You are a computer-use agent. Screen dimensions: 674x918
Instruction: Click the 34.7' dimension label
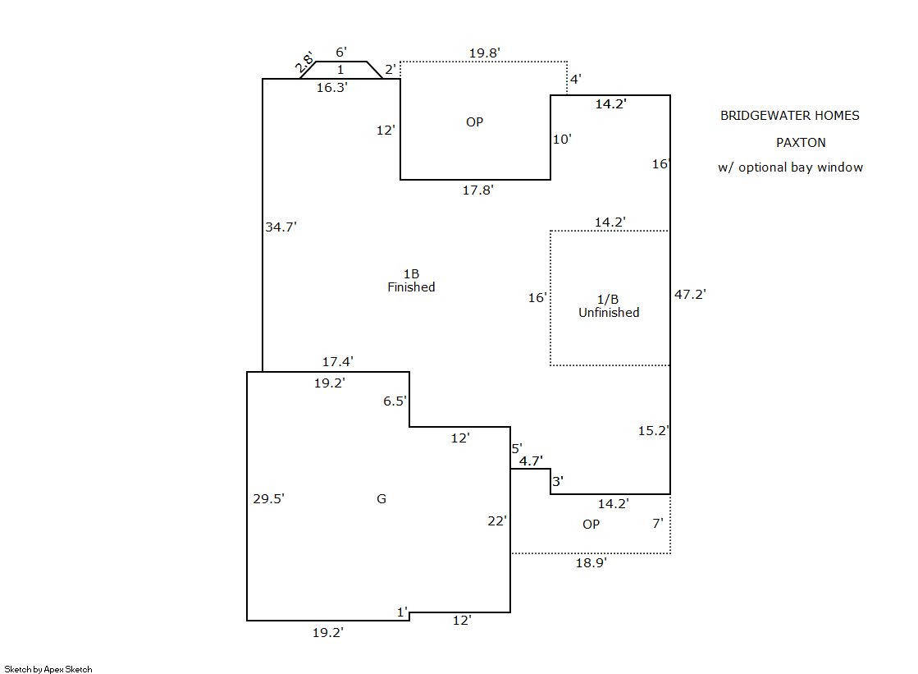[x=281, y=227]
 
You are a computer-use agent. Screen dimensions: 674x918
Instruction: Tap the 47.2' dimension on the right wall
[x=690, y=293]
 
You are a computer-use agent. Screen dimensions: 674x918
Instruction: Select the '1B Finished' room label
[x=411, y=280]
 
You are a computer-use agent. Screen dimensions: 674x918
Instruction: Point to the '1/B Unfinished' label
[x=609, y=306]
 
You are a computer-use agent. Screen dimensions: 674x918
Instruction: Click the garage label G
[x=381, y=498]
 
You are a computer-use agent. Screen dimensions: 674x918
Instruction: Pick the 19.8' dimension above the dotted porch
[x=485, y=53]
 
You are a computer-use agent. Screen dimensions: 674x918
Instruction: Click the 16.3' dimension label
[x=332, y=87]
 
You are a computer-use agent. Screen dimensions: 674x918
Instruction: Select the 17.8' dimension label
[x=478, y=190]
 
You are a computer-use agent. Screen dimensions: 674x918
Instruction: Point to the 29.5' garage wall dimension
[x=268, y=498]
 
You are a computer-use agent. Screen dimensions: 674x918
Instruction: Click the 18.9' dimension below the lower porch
[x=591, y=563]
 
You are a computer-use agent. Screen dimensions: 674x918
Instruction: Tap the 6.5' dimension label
[x=395, y=401]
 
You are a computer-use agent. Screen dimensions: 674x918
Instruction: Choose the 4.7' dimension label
[x=531, y=461]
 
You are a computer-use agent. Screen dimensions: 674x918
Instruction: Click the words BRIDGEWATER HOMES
[x=779, y=116]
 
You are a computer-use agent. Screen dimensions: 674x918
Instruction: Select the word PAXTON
[x=801, y=142]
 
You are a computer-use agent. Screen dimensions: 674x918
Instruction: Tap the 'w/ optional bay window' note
[x=790, y=167]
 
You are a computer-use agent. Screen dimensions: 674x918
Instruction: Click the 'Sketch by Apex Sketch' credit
[x=48, y=669]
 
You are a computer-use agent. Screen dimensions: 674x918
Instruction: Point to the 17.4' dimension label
[x=338, y=361]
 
